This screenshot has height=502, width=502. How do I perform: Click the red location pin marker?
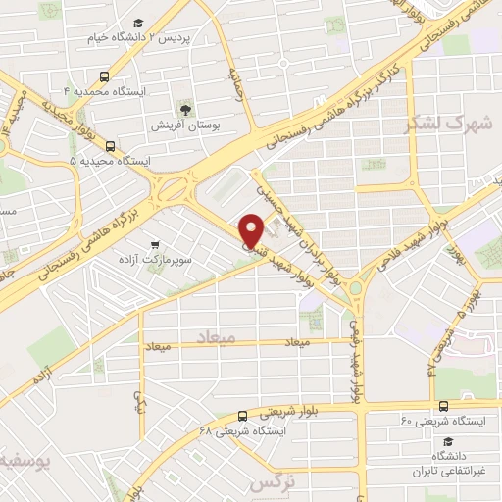(252, 229)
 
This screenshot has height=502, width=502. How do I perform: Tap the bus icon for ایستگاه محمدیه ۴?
(104, 75)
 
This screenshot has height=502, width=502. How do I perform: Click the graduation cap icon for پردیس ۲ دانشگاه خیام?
(139, 22)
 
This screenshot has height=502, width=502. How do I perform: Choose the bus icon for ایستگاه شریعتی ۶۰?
(444, 406)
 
